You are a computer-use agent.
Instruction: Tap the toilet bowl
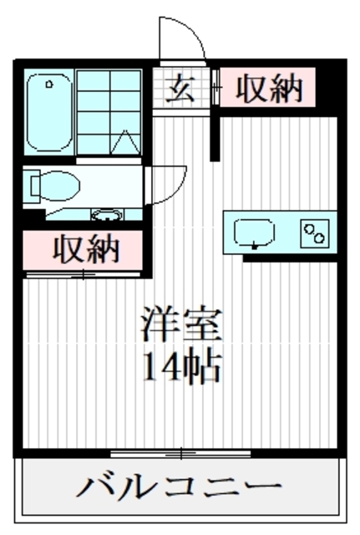pyautogui.click(x=61, y=183)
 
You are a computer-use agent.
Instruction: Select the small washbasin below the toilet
pyautogui.click(x=106, y=213)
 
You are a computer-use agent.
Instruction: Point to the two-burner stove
pyautogui.click(x=315, y=232)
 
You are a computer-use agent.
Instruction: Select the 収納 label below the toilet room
pyautogui.click(x=86, y=249)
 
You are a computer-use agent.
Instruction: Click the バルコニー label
pyautogui.click(x=180, y=487)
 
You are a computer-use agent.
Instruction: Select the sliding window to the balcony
pyautogui.click(x=180, y=454)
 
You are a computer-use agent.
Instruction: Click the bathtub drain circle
pyautogui.click(x=48, y=84)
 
